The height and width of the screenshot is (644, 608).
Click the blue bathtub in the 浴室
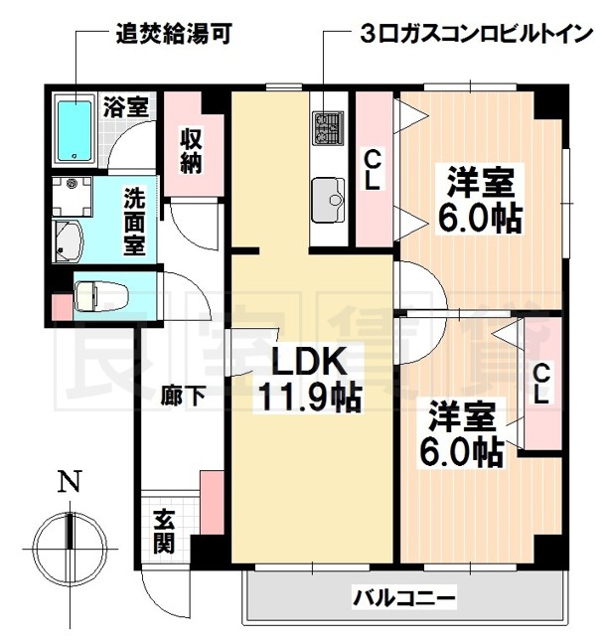(75, 129)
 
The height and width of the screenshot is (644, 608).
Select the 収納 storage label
(191, 150)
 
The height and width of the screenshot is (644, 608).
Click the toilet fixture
(99, 295)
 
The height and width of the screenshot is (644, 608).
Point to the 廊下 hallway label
(183, 395)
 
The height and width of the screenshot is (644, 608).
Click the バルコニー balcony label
(404, 598)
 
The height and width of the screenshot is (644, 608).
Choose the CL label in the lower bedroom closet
(540, 382)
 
